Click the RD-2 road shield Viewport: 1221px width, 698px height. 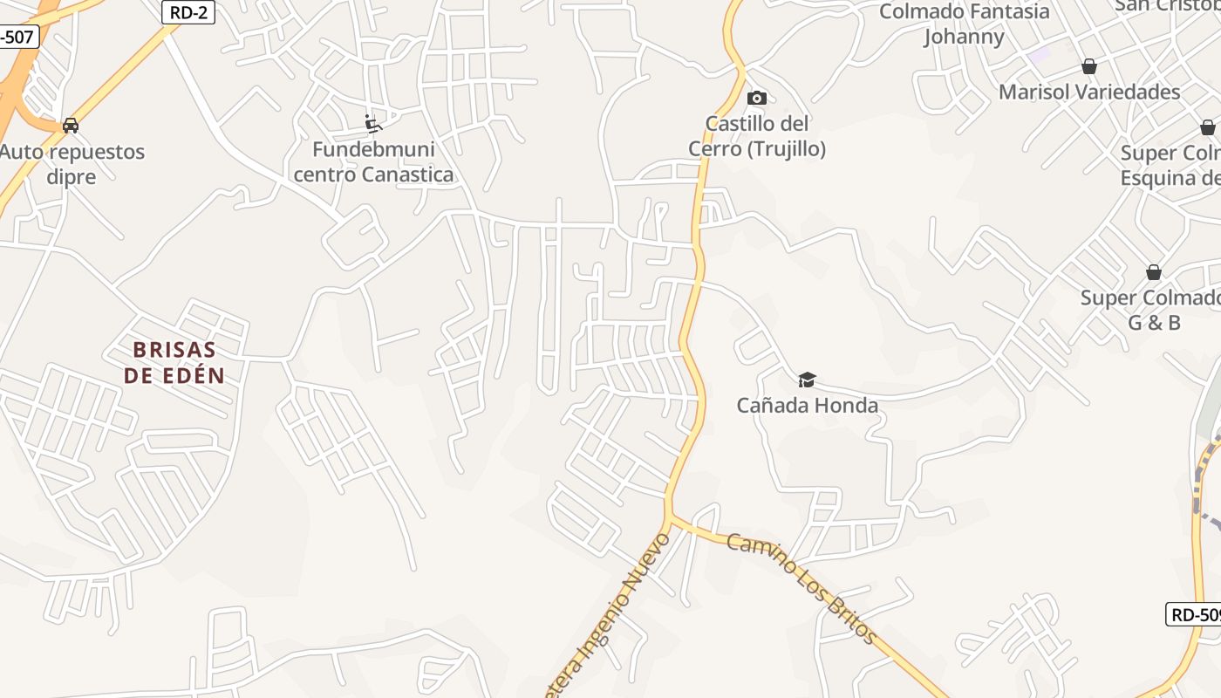(x=188, y=11)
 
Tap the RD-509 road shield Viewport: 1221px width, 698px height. (x=1194, y=614)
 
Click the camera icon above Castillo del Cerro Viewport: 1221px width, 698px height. (x=757, y=98)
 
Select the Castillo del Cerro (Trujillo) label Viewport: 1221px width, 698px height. (x=757, y=136)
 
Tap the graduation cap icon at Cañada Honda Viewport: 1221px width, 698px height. (x=807, y=380)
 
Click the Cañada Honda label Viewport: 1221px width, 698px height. (x=807, y=405)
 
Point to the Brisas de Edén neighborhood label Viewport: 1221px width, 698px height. (x=174, y=362)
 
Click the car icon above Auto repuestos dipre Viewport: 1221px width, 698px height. (x=71, y=126)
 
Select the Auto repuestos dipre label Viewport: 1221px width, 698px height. (x=72, y=164)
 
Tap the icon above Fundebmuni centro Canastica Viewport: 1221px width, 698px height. (x=373, y=123)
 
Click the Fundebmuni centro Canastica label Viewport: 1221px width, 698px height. (x=373, y=161)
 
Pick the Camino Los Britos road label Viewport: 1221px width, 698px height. (x=801, y=588)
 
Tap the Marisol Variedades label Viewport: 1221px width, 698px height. (x=1089, y=92)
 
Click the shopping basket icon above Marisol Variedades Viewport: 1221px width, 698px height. (x=1088, y=66)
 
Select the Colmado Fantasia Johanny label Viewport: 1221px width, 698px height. (x=964, y=24)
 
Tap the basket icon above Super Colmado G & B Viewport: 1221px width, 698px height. (x=1154, y=272)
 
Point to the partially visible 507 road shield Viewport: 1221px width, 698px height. (x=17, y=38)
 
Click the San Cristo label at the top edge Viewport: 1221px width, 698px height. (x=1168, y=5)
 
